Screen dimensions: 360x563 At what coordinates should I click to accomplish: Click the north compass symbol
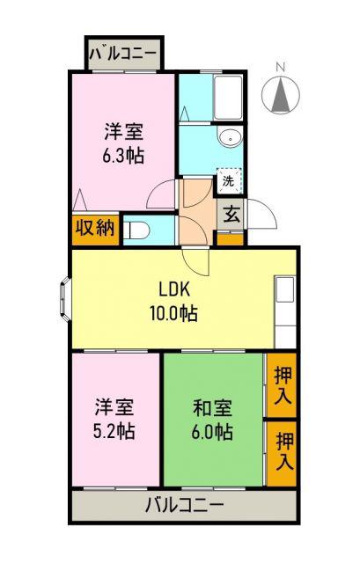coord(280,95)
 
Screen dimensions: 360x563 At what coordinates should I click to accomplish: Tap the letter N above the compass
coord(280,67)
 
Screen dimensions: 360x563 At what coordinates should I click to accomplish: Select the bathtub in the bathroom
coord(228,98)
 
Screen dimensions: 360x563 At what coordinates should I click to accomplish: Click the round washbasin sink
coord(229,138)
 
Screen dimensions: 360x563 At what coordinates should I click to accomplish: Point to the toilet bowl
coord(136,230)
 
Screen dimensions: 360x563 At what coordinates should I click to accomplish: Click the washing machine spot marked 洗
coord(228,181)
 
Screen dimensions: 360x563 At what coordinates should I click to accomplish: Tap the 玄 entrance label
coord(231,215)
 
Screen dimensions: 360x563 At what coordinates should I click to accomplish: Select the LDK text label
coord(174,289)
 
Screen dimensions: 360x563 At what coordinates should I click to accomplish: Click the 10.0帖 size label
coord(174,313)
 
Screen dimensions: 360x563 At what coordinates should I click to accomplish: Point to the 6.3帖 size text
coord(123,157)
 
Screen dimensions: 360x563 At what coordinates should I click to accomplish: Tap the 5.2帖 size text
coord(114,431)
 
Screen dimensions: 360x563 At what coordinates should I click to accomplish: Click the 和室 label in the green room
coord(212,408)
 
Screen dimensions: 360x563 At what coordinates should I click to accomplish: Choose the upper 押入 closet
coord(282,385)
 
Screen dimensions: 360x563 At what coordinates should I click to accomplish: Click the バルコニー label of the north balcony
coord(123,55)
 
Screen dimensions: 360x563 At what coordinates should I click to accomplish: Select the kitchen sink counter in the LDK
coord(285,311)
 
